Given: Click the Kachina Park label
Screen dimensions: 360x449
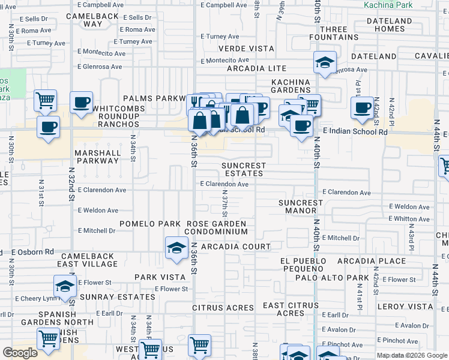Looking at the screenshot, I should coord(388,4).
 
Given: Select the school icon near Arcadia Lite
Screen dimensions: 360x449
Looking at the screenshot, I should coord(325,62).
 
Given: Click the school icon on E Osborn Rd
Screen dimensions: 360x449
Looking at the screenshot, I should coord(176,248).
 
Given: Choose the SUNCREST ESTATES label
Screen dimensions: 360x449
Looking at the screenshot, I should coord(243,169).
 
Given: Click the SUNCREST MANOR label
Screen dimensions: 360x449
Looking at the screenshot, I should coord(300,207).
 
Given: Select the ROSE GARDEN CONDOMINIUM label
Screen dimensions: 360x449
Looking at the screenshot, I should coord(216,227).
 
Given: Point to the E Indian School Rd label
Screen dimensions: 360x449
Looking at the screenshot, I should coord(355,132).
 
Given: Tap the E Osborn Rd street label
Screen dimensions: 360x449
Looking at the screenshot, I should coord(32,252).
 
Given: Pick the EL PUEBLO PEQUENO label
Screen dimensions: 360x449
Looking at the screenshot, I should coord(303,266).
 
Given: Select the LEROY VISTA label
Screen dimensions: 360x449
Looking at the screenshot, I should coord(402,307).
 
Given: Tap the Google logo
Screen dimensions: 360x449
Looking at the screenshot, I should coord(20,352).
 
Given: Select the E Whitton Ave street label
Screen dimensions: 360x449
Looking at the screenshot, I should coord(409,220).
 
